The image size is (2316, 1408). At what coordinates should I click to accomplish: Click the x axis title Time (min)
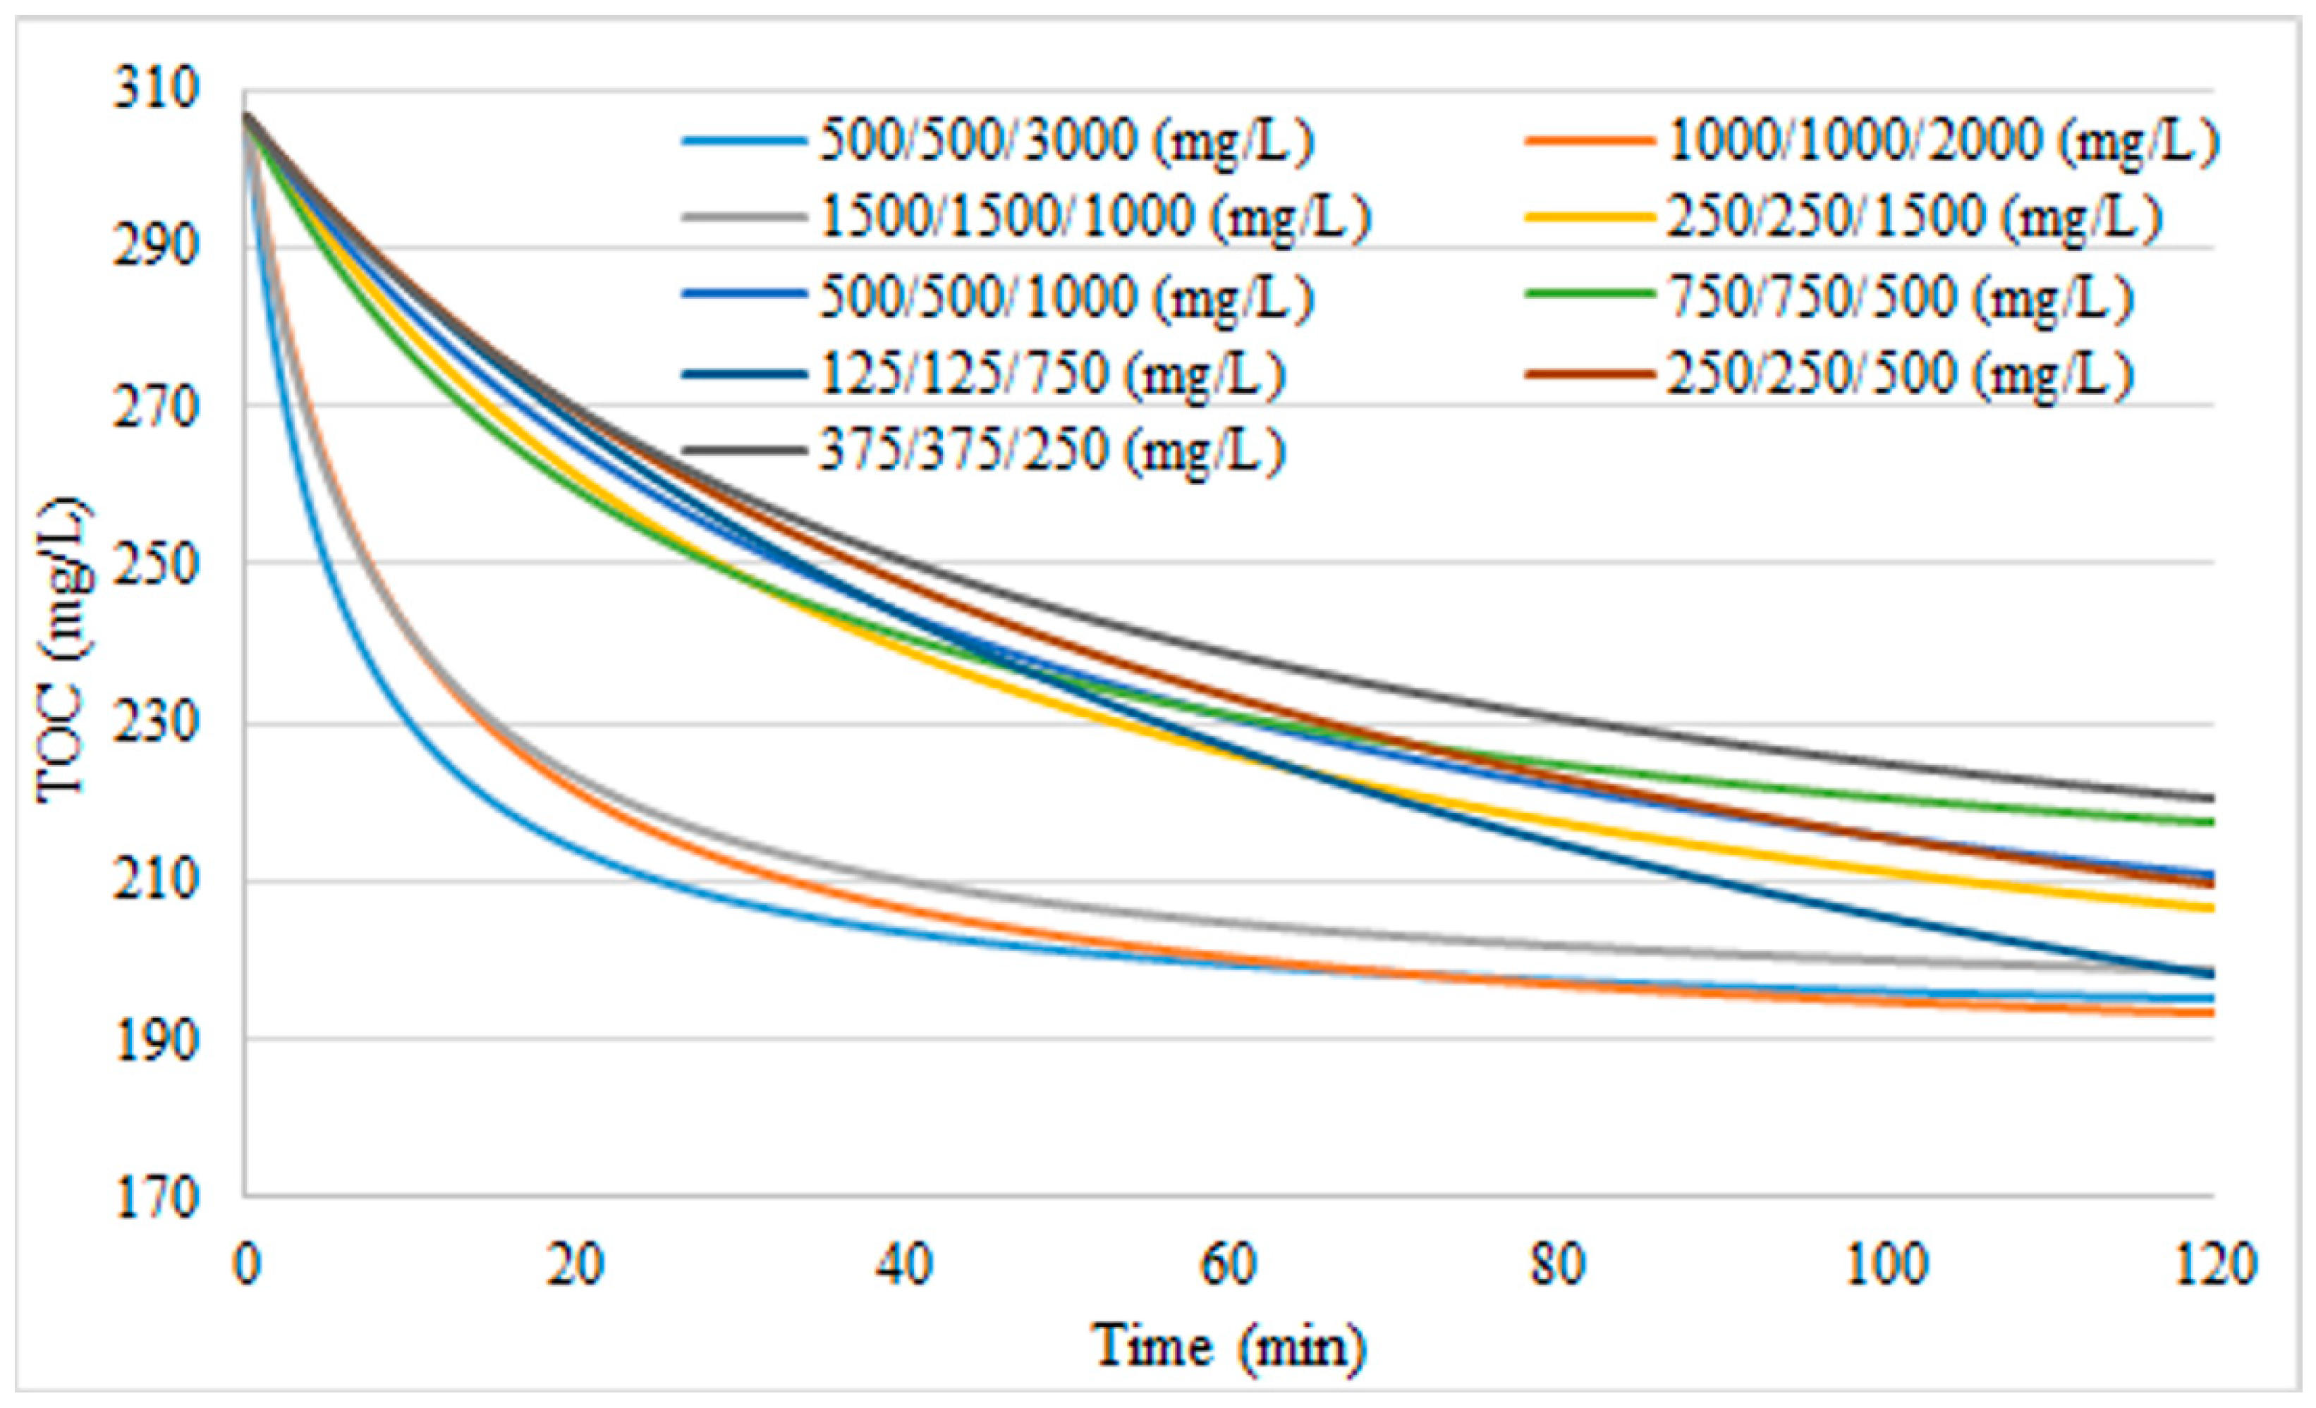[1229, 1346]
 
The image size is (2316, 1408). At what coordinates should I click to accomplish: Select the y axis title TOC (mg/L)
[64, 651]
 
